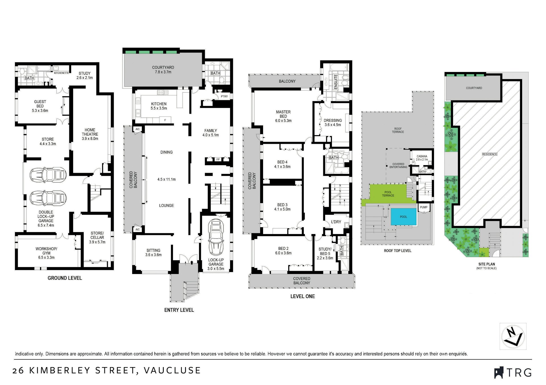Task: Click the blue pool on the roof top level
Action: [404, 217]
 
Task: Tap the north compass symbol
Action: [513, 336]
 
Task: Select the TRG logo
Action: [513, 372]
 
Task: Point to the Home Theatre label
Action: [90, 134]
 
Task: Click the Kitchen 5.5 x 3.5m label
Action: [159, 106]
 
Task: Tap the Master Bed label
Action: [283, 116]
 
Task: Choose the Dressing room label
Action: [333, 122]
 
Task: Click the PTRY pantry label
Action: [224, 96]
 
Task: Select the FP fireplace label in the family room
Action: [218, 159]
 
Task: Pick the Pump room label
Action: [424, 207]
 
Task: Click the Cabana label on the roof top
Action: [422, 158]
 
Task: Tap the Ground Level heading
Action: [65, 278]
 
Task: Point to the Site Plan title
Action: [487, 264]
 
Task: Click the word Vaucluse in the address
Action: [172, 370]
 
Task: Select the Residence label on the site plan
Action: [490, 154]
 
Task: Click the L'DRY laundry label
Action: [336, 222]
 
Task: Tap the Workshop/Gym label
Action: [46, 253]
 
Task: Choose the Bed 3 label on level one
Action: [282, 207]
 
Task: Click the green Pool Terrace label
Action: [388, 194]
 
